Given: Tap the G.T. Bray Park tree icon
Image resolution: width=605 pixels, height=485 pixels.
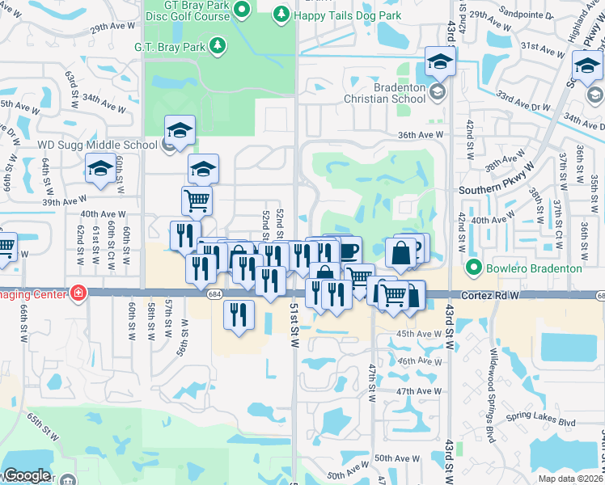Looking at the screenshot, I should click(x=217, y=46).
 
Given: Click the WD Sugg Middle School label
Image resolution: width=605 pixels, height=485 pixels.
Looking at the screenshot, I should click(x=86, y=145).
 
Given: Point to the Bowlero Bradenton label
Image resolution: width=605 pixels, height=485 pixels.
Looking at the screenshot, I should click(x=535, y=268).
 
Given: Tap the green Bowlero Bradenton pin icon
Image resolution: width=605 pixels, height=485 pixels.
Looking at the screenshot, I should click(x=475, y=268).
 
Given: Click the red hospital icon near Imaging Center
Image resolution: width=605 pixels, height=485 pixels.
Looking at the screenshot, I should click(x=78, y=292).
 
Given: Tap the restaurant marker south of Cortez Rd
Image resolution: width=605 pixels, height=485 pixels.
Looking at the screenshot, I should click(x=239, y=314).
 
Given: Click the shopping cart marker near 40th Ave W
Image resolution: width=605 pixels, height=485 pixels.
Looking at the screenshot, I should click(x=197, y=200).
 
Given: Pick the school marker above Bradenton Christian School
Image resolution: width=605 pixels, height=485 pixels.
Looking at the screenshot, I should click(x=439, y=61).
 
